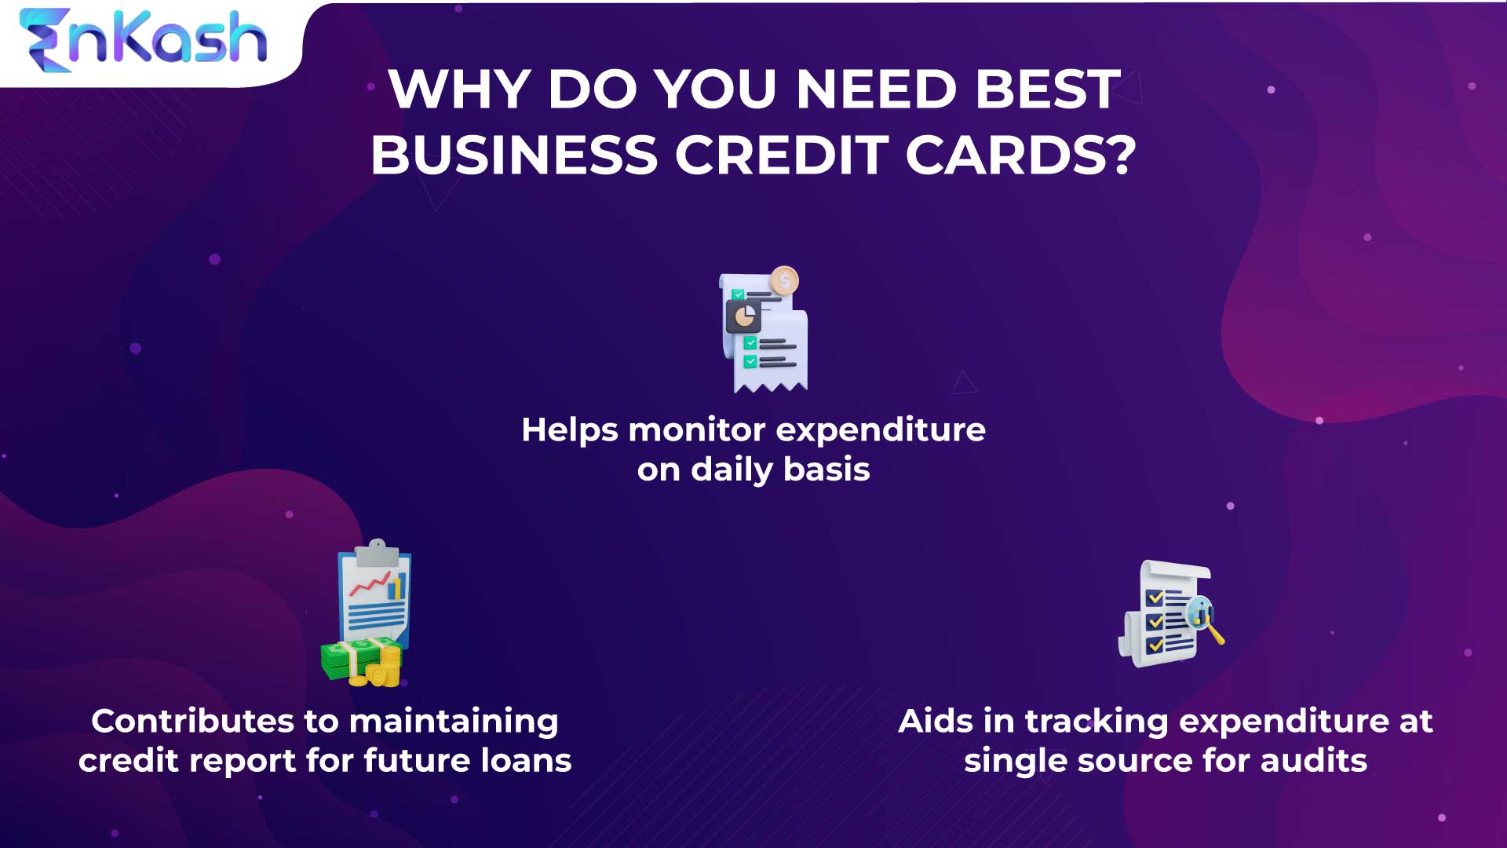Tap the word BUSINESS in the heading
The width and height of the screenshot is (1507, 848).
[514, 155]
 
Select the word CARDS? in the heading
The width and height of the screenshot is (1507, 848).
[1020, 155]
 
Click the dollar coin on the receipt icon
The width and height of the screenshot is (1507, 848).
[784, 280]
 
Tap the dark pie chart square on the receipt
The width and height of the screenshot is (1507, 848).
[743, 316]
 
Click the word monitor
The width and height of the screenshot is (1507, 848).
[697, 429]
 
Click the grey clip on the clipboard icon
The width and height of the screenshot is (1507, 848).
[377, 552]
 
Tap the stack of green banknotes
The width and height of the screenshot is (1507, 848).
[349, 660]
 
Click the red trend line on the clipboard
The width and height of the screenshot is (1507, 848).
[370, 585]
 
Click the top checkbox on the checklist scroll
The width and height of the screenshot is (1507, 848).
[1155, 598]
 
